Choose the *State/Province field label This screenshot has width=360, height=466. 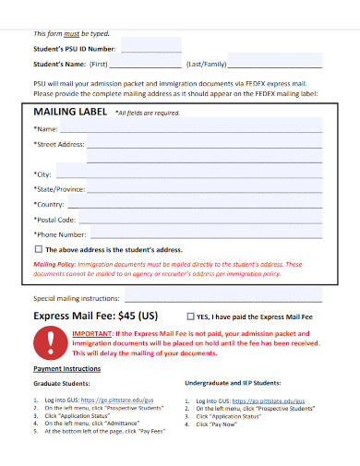tap(60, 188)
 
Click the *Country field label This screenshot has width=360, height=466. tap(49, 203)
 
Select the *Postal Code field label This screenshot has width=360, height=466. tap(54, 220)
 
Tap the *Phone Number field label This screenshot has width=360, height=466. tap(60, 234)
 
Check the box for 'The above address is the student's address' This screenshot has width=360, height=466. tap(38, 249)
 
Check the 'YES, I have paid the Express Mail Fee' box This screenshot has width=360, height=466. tap(191, 316)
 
